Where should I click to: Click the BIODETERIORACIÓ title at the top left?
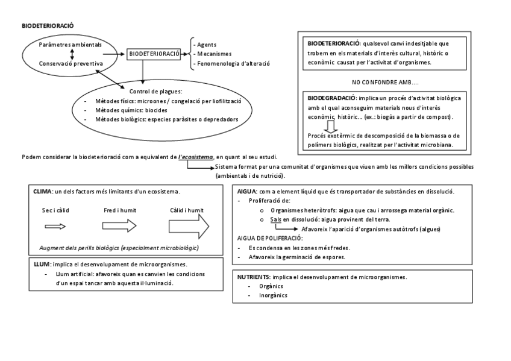point(48,27)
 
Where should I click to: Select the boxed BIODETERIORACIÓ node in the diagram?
point(154,54)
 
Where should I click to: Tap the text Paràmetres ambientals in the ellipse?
point(70,45)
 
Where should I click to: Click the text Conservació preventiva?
point(71,63)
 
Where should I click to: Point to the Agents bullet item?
point(205,45)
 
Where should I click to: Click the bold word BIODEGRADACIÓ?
point(331,98)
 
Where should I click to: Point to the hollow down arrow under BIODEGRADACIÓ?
point(330,127)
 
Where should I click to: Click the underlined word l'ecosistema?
point(196,157)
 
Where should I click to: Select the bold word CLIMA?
point(43,192)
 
